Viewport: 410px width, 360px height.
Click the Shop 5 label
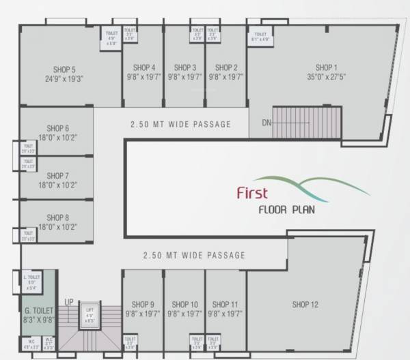64,69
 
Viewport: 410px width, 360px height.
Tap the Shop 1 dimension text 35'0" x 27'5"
327,78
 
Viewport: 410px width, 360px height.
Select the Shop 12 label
305,304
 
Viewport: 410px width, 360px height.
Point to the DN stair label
266,123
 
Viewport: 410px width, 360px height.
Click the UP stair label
69,302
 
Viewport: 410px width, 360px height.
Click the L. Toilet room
33,281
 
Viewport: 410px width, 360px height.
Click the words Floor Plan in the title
286,209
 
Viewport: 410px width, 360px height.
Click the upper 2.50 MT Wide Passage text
180,124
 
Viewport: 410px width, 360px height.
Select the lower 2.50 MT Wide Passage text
194,256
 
